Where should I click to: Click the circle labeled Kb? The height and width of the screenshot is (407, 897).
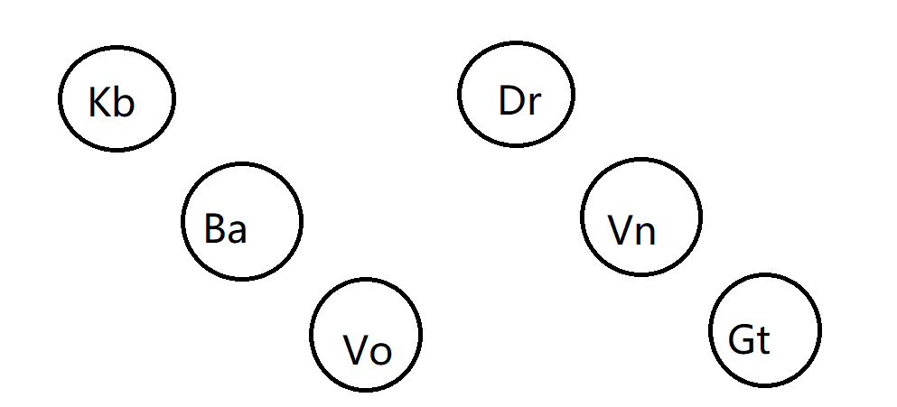(x=117, y=98)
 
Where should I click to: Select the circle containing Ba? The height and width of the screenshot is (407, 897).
(x=241, y=220)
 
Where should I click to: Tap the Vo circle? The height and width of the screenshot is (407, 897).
(x=365, y=333)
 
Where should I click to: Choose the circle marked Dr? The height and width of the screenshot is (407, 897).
(x=516, y=94)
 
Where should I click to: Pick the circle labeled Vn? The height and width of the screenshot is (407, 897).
(x=640, y=216)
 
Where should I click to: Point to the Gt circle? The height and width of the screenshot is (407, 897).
(x=765, y=329)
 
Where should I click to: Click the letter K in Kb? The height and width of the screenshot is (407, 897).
(x=100, y=103)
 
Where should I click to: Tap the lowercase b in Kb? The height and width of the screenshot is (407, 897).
(x=124, y=103)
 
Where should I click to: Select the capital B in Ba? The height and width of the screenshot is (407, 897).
(x=214, y=228)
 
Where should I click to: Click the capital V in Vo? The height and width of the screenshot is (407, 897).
(x=356, y=349)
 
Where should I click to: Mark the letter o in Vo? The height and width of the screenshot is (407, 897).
(x=380, y=352)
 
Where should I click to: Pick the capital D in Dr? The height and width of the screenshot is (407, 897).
(x=510, y=100)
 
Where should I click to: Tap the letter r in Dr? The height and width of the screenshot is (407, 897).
(x=533, y=104)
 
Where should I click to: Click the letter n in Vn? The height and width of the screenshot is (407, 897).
(x=645, y=234)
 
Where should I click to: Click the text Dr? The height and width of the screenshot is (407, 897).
(x=519, y=101)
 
